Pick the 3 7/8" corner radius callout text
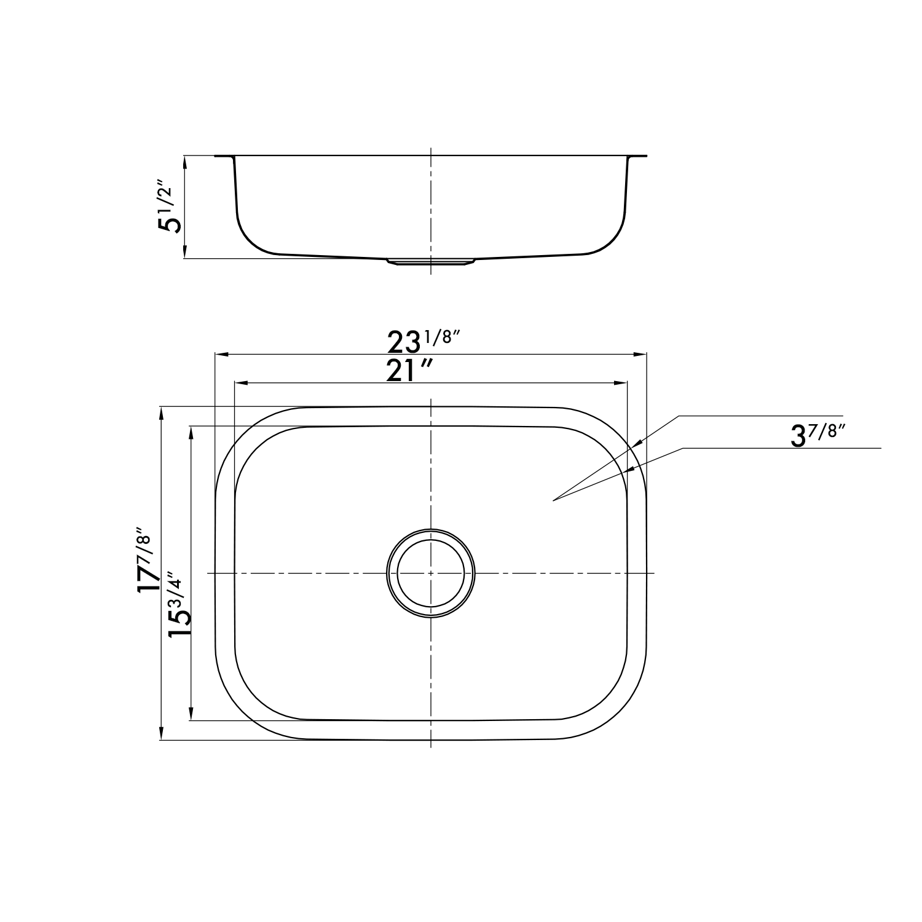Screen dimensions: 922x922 (x=818, y=435)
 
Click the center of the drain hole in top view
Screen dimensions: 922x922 (x=431, y=573)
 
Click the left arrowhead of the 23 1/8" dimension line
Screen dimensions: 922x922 (x=219, y=355)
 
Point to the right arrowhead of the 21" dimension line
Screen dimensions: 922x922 (x=622, y=383)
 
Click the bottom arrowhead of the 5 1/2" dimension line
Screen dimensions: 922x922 (x=184, y=254)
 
